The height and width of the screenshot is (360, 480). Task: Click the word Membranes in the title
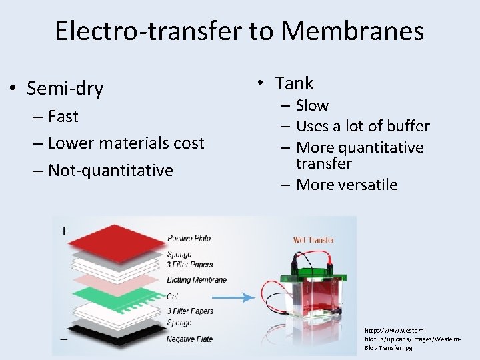click(353, 31)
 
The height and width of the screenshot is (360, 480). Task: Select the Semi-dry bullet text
click(65, 88)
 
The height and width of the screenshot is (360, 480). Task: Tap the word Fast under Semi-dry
click(63, 117)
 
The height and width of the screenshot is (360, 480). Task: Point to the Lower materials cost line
click(126, 143)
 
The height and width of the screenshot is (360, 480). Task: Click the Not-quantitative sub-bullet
click(111, 171)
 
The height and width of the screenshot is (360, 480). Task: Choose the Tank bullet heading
click(294, 83)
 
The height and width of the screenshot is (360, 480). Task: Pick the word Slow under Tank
click(312, 105)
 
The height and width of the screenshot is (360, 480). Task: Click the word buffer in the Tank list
click(407, 126)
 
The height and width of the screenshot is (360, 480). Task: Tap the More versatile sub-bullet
click(346, 185)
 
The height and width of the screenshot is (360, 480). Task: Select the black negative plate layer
click(110, 331)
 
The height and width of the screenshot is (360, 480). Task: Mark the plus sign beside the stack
click(63, 231)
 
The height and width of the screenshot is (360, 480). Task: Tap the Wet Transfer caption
click(313, 240)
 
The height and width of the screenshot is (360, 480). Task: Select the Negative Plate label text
click(189, 339)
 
